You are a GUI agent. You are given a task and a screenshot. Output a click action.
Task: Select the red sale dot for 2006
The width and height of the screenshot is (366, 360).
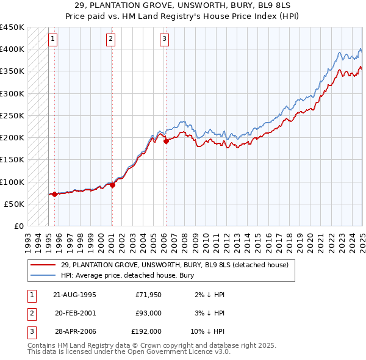pos(166,141)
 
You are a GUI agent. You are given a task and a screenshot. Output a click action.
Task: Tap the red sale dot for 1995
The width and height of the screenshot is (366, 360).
pos(55,194)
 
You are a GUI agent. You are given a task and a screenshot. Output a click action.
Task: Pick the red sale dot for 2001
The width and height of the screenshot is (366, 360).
pos(112,185)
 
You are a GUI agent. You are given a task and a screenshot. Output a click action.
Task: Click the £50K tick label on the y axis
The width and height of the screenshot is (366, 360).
pos(14,204)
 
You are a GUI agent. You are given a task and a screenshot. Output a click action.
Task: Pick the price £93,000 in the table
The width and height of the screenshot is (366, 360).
pos(148,313)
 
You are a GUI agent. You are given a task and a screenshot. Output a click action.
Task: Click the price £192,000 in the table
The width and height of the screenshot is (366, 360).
pos(146,331)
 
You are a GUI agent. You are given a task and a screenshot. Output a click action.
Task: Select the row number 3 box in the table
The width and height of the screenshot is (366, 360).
pos(31,331)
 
